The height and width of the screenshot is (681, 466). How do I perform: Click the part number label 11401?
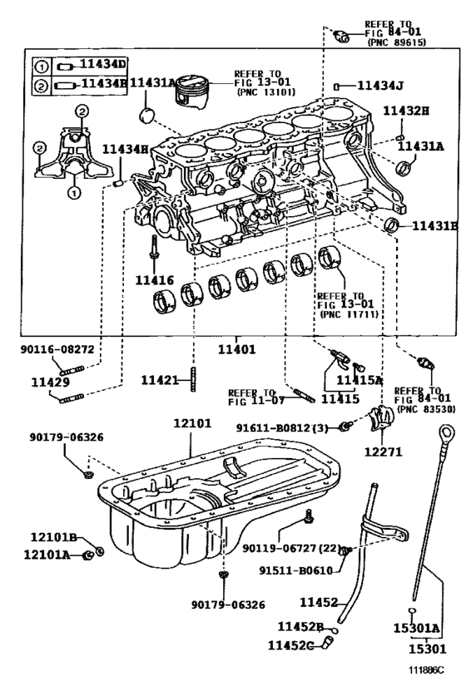(x=235, y=339)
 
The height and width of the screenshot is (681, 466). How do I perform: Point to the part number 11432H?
(x=405, y=111)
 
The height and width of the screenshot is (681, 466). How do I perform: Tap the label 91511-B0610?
(x=296, y=570)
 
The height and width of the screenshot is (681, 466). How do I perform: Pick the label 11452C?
(x=295, y=644)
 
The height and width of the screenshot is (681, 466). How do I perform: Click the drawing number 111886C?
(x=426, y=668)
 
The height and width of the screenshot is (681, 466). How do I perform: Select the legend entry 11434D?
(x=102, y=65)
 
